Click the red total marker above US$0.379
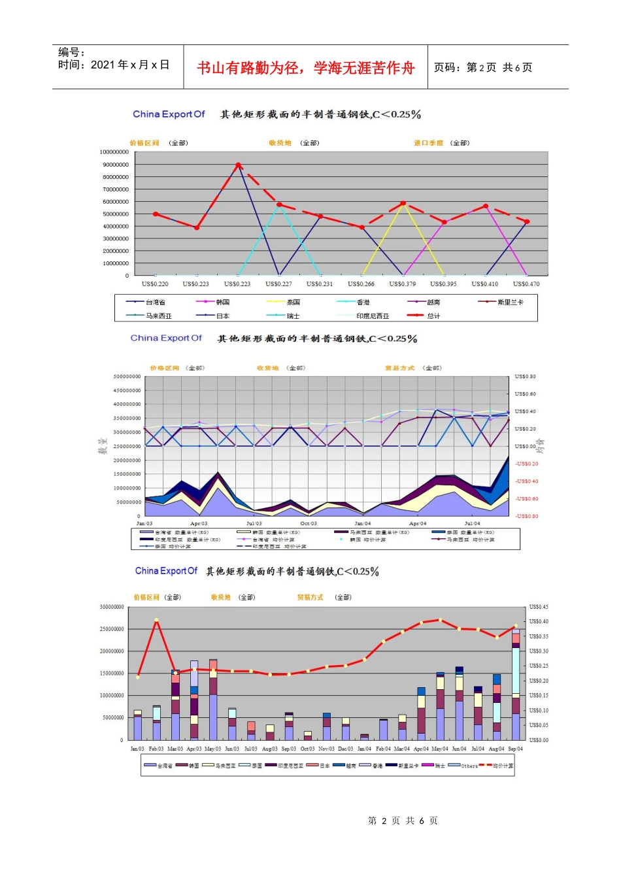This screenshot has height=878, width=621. click(403, 204)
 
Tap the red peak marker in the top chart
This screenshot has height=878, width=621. click(238, 165)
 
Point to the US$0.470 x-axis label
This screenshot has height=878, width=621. click(526, 284)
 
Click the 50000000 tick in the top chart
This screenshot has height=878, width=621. click(116, 214)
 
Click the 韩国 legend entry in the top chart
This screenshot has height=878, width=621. click(222, 302)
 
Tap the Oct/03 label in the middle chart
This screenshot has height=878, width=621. click(309, 524)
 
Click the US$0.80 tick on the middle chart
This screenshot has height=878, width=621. click(525, 377)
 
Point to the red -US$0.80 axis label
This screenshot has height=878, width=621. click(526, 517)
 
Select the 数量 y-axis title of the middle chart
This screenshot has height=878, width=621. click(103, 446)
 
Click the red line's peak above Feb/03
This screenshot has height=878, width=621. click(156, 620)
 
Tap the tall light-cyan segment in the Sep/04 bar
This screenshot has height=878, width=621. click(516, 670)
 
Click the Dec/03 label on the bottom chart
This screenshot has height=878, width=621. click(346, 749)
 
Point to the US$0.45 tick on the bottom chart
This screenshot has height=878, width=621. click(539, 608)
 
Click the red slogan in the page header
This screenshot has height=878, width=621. click(306, 68)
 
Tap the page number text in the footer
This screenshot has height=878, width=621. click(403, 821)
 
